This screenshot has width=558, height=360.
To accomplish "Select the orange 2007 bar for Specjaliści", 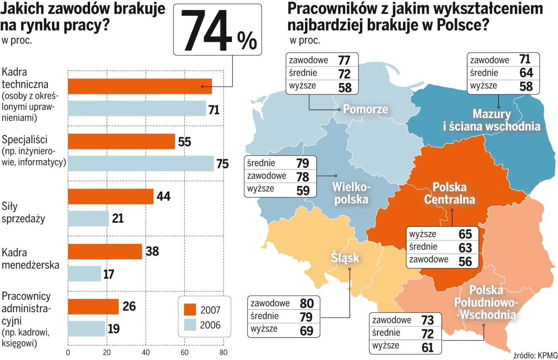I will point(121,142).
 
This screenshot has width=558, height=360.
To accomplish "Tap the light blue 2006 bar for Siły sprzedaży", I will point(88,218).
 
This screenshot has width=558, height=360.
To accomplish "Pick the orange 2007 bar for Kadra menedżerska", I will point(105,252).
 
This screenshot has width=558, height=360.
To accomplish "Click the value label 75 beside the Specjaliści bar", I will point(222,164).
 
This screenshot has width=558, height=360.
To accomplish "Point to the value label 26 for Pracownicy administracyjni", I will point(129,306).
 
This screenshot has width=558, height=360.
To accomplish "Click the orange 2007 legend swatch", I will point(190,310).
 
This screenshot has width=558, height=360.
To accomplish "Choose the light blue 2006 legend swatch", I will point(190,325).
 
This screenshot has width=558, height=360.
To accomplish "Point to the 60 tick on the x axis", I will point(185,352).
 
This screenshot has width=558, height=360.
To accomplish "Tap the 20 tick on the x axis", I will point(107,352).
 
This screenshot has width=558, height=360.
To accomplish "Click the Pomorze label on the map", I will point(365,109).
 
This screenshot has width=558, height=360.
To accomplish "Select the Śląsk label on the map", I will point(345,258).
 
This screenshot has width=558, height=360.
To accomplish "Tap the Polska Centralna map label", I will point(450,193).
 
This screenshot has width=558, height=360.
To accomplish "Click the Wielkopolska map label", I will point(351,193).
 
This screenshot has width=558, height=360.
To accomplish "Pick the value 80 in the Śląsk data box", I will point(307,303).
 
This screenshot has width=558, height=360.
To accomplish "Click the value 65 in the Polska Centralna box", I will point(465,234).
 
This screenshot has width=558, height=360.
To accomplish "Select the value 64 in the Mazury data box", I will point(526,73).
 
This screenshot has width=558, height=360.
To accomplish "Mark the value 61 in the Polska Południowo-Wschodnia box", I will point(427,348).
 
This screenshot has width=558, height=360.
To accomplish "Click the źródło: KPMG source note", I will point(535,355).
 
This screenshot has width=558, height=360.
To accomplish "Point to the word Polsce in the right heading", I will point(463,25).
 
